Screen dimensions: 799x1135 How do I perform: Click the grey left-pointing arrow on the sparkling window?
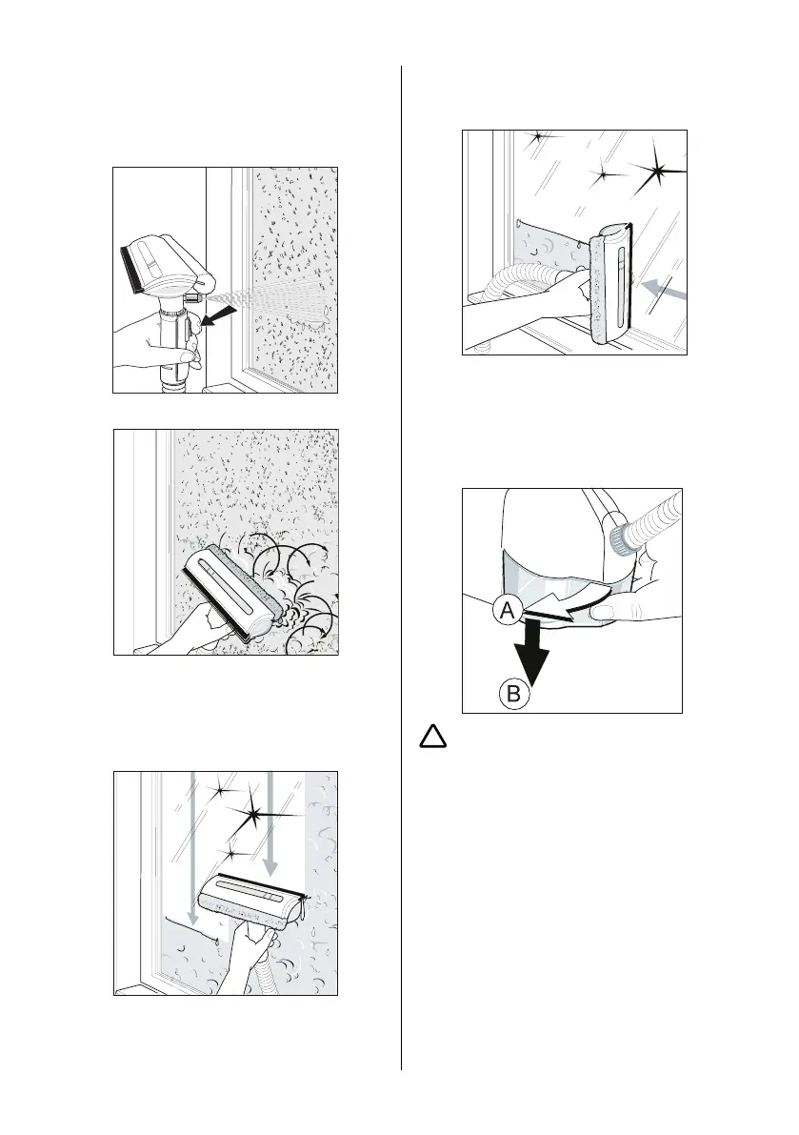pos(663,290)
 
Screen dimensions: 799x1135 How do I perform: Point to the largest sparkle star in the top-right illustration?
pos(659,172)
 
